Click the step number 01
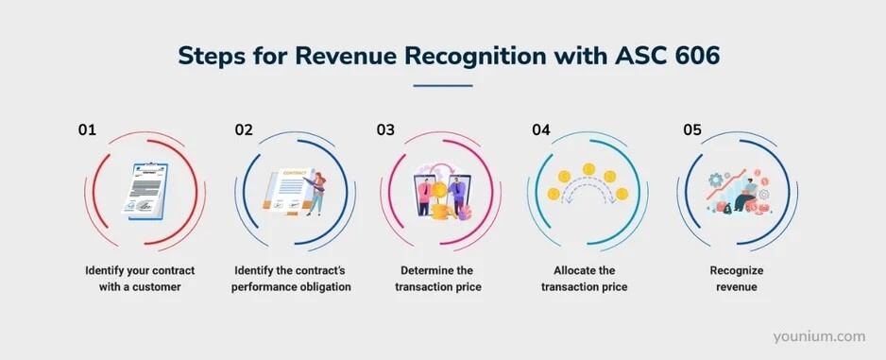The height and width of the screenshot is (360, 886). [87, 131]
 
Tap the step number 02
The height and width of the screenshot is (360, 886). [244, 131]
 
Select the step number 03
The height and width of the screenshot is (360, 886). [385, 131]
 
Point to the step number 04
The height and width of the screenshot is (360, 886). [541, 131]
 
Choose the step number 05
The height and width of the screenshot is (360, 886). [692, 131]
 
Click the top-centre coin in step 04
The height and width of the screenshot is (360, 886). [589, 169]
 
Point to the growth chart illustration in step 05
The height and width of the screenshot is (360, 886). [739, 188]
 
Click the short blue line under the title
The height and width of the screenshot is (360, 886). [443, 85]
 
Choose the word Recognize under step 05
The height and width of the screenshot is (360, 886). [738, 269]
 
